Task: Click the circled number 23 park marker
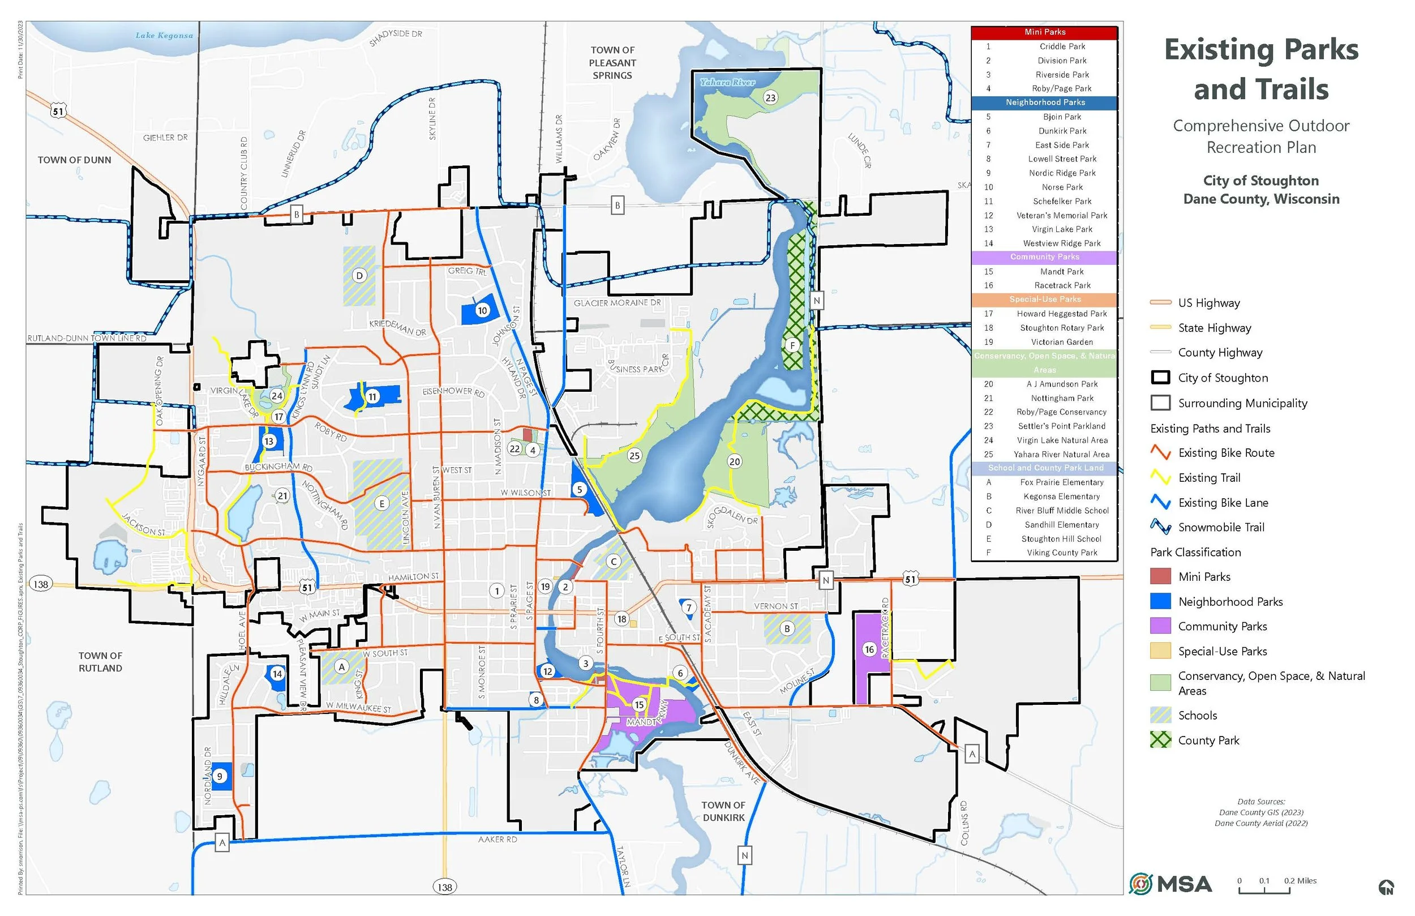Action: [x=770, y=97]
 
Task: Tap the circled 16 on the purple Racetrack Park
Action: [x=869, y=649]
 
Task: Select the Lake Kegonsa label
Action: [x=164, y=36]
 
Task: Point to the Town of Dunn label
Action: [x=74, y=160]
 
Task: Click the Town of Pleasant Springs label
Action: [x=612, y=62]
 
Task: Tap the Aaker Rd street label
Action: [x=498, y=839]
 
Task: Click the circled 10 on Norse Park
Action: [x=482, y=310]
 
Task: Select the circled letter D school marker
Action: [x=359, y=275]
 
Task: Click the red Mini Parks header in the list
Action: [x=1045, y=32]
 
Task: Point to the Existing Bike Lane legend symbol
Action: [x=1160, y=503]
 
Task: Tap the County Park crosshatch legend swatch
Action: [x=1160, y=740]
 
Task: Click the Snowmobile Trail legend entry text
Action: [x=1221, y=528]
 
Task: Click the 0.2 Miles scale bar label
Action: [x=1300, y=881]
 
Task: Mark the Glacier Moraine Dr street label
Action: [x=617, y=303]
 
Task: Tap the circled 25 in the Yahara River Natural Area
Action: [x=634, y=456]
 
